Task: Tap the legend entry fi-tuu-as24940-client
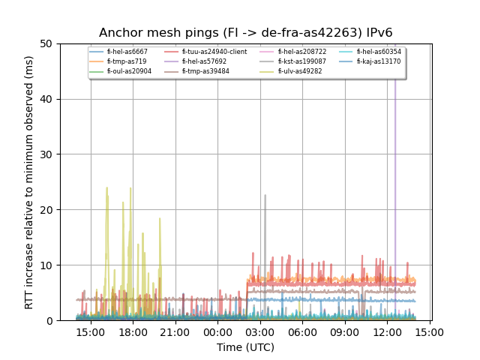coord(214,52)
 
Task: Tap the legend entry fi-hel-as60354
coord(379,52)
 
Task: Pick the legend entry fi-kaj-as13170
coord(379,61)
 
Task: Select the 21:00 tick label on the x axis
coord(175,332)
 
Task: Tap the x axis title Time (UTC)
coord(245,347)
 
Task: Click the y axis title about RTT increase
coord(29,182)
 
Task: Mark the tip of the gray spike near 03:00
coord(265,195)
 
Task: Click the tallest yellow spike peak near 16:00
coord(106,187)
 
